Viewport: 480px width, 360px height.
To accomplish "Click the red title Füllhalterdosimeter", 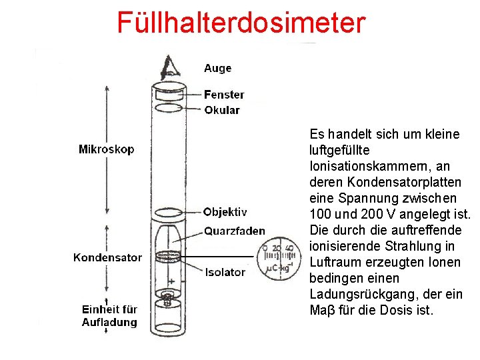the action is click(241, 21).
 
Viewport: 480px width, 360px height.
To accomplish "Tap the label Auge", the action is click(218, 68).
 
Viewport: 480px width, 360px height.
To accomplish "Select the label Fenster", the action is click(224, 95).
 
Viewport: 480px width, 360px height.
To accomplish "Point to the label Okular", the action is click(222, 110).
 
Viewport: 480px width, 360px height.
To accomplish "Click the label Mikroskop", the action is click(106, 149).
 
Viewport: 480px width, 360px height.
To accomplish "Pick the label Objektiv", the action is click(225, 212).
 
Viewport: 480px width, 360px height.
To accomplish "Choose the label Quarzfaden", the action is click(234, 231).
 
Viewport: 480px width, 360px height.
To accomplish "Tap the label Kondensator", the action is click(107, 257).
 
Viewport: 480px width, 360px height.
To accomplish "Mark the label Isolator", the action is click(225, 272).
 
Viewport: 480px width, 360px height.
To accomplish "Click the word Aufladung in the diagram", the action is click(109, 323).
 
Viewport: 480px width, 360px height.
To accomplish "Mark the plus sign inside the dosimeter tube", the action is click(171, 281).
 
